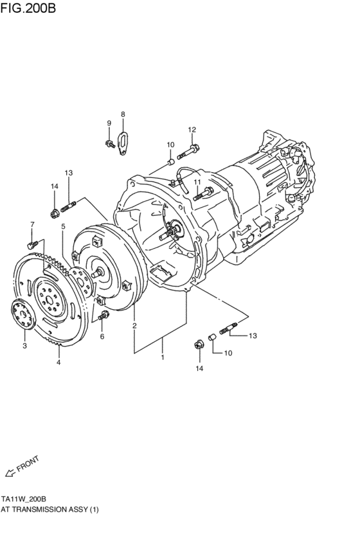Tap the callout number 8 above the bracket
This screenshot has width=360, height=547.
coord(123,114)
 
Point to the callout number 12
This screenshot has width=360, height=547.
coord(192,130)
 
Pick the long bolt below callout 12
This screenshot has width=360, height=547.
coord(186,153)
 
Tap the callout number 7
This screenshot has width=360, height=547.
coord(32,224)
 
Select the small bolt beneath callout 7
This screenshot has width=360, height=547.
coord(32,245)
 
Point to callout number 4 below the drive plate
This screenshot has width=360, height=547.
coord(59,362)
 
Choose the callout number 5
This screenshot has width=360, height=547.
coord(63,226)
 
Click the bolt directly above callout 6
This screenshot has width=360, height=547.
coord(103,315)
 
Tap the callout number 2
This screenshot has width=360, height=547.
coord(134,326)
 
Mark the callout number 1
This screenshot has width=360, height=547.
coord(163,357)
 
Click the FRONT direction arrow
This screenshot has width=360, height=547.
coord(11,474)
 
